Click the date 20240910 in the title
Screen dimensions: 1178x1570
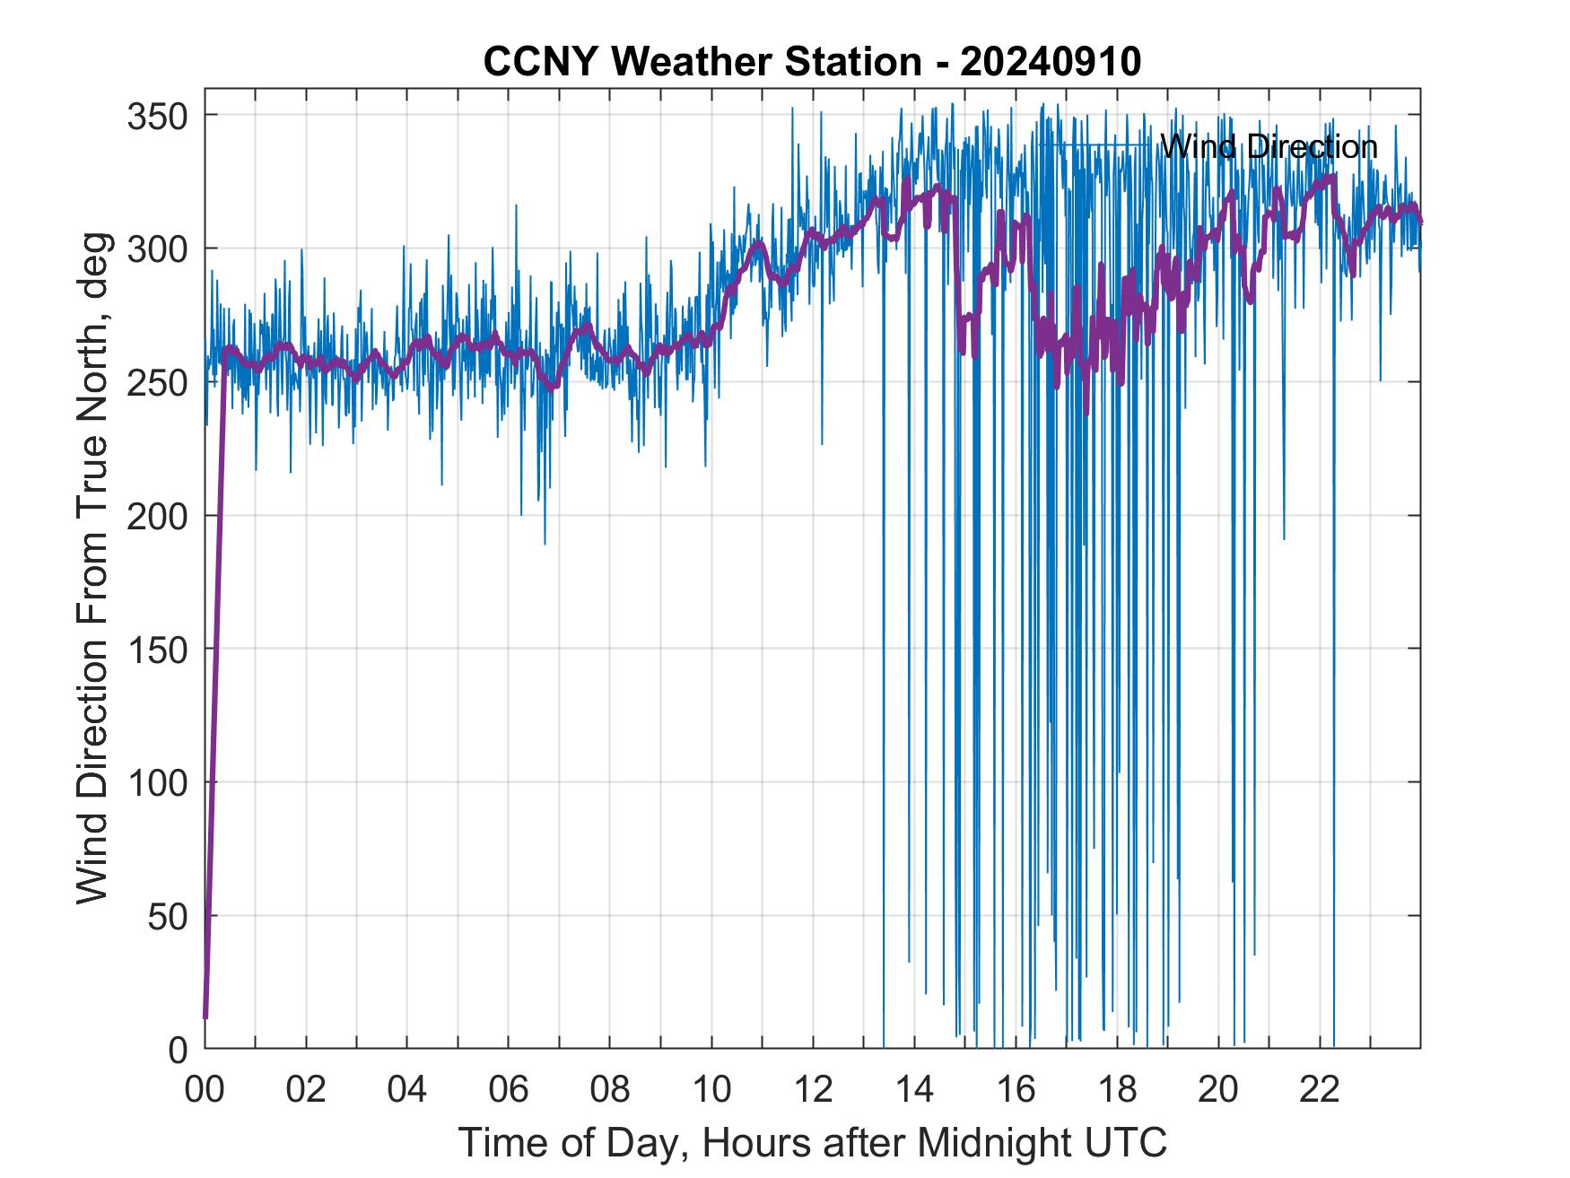pos(1051,61)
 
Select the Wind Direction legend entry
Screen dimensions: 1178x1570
pos(1268,146)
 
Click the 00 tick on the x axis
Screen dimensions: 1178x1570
pos(205,1091)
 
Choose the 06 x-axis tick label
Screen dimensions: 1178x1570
pos(509,1091)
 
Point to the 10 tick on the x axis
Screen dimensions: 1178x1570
pos(711,1091)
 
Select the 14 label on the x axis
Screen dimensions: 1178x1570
pos(914,1091)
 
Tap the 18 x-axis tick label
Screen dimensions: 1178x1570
pos(1117,1091)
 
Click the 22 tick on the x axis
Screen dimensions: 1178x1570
pos(1320,1091)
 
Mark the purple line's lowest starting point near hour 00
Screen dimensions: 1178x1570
pos(205,1017)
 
